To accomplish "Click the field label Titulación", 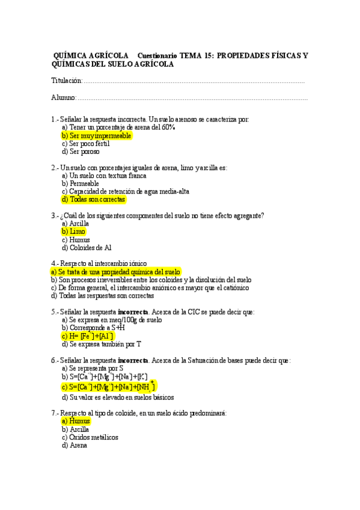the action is coord(66,81).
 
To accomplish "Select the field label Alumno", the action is coord(64,97).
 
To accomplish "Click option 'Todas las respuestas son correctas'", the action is coord(102,295).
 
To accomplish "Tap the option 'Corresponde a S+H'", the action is coord(93,328).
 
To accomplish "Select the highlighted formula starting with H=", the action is coord(95,336).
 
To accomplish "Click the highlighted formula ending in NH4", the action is coord(108,386).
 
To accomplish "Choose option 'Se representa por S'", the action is coord(93,368).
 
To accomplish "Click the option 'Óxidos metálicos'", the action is coord(90,437).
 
